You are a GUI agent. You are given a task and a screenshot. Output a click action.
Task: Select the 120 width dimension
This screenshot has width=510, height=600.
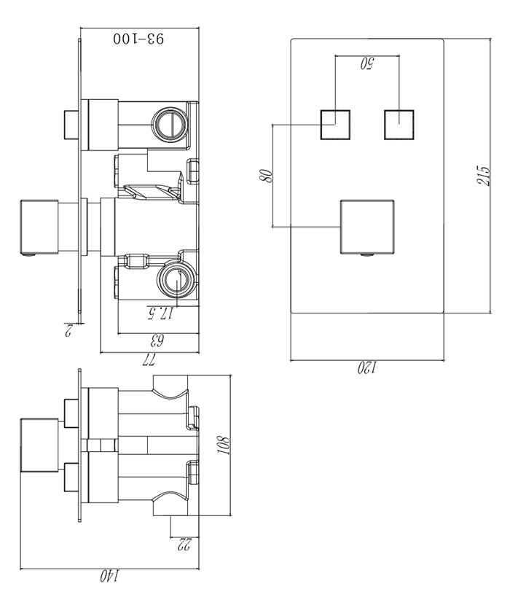367,367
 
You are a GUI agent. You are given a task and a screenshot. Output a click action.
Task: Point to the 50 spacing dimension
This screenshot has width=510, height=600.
367,64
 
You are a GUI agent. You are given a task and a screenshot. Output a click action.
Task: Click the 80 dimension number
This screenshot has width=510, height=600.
267,175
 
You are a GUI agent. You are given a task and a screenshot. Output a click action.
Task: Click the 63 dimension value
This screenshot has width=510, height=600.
155,340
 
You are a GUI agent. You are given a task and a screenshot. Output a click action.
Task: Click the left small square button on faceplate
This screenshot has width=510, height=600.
336,124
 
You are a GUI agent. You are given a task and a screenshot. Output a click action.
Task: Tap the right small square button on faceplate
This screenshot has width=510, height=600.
399,124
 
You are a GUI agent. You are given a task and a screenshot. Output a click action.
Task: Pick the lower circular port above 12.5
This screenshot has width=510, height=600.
176,278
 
